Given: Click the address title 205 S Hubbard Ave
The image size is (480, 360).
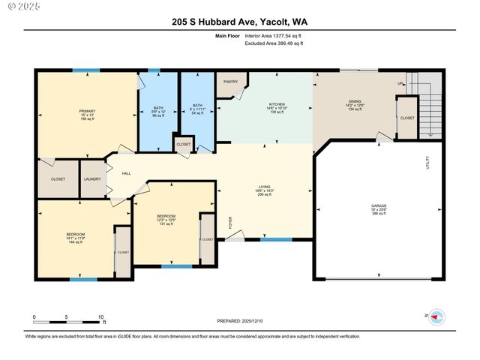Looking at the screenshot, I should click(x=240, y=23).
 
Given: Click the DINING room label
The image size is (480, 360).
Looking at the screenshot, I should click(x=353, y=104).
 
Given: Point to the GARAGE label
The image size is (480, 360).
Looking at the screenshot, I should click(x=379, y=205).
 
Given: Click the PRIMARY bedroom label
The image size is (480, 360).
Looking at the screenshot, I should click(x=87, y=111).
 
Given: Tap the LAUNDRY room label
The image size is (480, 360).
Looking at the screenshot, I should click(x=93, y=178).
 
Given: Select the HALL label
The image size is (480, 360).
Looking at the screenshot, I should click(x=126, y=173).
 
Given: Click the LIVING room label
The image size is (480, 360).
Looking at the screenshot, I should click(x=264, y=188).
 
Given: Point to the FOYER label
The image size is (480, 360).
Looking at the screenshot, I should click(x=230, y=222).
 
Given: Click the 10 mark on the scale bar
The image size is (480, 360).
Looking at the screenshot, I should click(x=101, y=317).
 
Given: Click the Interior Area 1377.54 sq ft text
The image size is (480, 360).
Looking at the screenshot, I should click(x=273, y=35).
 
